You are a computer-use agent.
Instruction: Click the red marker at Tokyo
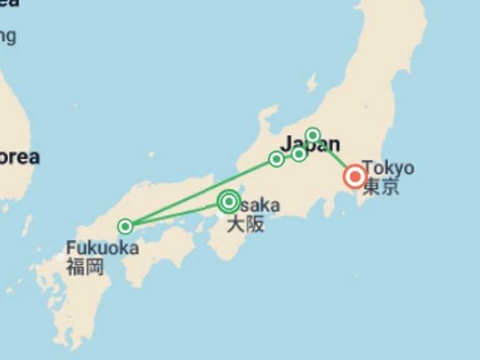tap(355, 177)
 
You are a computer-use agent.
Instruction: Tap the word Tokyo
tap(387, 168)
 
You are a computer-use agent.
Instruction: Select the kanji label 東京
tap(381, 187)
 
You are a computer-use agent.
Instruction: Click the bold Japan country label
tap(311, 144)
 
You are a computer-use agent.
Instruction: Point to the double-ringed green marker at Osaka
tap(229, 201)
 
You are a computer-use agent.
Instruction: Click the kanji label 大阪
tap(245, 224)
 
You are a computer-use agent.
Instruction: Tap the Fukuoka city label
tap(102, 247)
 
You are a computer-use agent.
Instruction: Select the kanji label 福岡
tap(84, 267)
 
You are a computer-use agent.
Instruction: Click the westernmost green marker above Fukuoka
tap(126, 226)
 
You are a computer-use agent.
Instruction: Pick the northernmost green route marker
tap(313, 135)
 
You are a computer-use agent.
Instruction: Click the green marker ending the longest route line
tap(276, 159)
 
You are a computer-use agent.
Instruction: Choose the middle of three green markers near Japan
tap(299, 154)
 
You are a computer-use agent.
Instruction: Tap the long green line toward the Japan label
tap(200, 192)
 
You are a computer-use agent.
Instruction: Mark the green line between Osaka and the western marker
tap(175, 214)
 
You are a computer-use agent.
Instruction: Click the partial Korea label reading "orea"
tap(19, 157)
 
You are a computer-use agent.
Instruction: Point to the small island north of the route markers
tap(311, 83)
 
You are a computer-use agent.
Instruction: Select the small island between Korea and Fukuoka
tap(27, 225)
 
